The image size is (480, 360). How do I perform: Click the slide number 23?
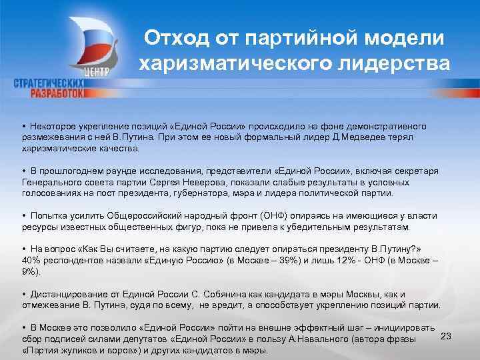(447, 336)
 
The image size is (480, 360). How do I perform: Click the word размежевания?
(52, 137)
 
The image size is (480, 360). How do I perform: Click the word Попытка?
(48, 216)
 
